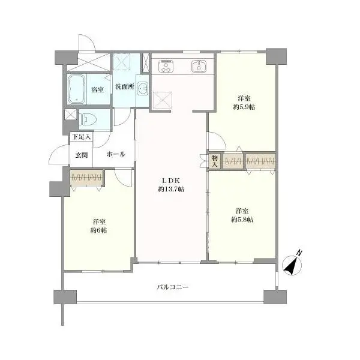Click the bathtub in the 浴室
77,89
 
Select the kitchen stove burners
166,66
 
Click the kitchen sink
199,66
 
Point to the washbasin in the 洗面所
143,88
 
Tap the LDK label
171,181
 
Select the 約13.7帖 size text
171,190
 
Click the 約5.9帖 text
244,107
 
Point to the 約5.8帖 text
242,220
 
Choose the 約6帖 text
99,230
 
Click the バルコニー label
173,287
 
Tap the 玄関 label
82,155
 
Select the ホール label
116,154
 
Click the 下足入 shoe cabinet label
82,137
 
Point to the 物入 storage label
215,161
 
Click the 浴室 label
97,90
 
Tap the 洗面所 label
125,87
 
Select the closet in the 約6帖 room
86,178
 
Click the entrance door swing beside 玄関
59,154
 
